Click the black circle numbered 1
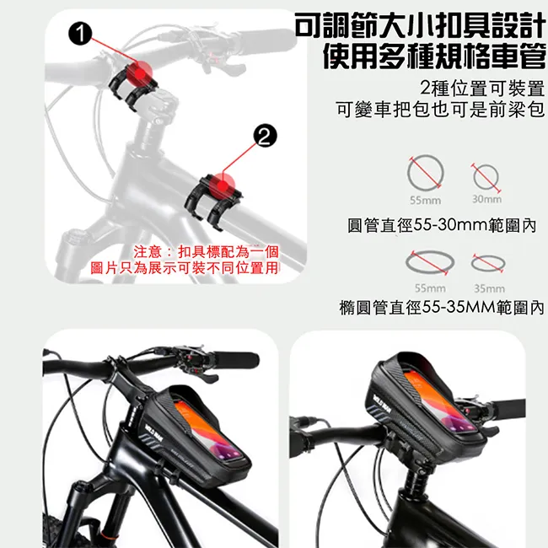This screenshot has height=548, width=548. point(80,34)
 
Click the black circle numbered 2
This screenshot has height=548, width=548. point(265,136)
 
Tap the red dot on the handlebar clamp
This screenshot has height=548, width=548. point(140,73)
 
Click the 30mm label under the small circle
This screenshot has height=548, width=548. point(486,199)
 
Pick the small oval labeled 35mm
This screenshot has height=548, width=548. point(488,257)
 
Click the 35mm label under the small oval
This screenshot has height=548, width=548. point(489,288)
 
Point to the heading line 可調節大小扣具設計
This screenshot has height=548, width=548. point(420,25)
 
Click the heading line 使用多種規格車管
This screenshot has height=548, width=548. point(433,56)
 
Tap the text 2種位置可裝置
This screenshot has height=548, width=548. point(482,88)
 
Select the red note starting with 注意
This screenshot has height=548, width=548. point(184,260)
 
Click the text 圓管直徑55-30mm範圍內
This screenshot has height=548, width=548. point(442,225)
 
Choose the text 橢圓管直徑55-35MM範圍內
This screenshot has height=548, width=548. point(442,308)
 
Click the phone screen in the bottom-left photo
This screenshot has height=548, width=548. point(207,432)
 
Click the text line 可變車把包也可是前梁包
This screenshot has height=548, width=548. point(440,110)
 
